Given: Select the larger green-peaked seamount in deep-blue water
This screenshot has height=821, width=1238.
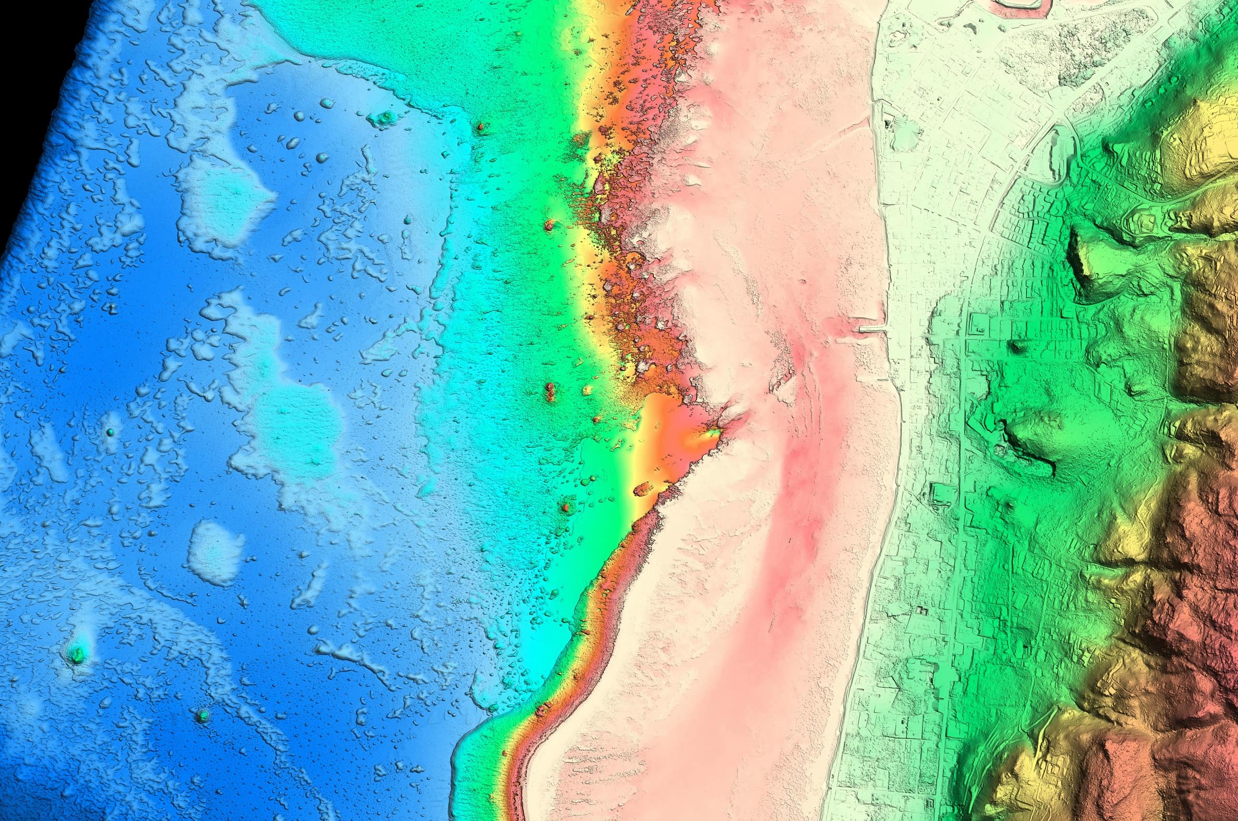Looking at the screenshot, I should (x=78, y=653).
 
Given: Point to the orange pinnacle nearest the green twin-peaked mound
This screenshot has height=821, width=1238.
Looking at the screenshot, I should (x=480, y=127).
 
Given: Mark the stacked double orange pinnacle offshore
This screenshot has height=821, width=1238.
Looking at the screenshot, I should (x=550, y=391).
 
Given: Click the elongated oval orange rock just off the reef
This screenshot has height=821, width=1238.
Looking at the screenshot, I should (x=643, y=490).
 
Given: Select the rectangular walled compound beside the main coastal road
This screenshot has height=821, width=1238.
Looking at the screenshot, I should (x=942, y=494).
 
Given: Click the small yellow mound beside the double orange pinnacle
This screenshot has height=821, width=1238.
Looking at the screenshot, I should (x=587, y=390).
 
